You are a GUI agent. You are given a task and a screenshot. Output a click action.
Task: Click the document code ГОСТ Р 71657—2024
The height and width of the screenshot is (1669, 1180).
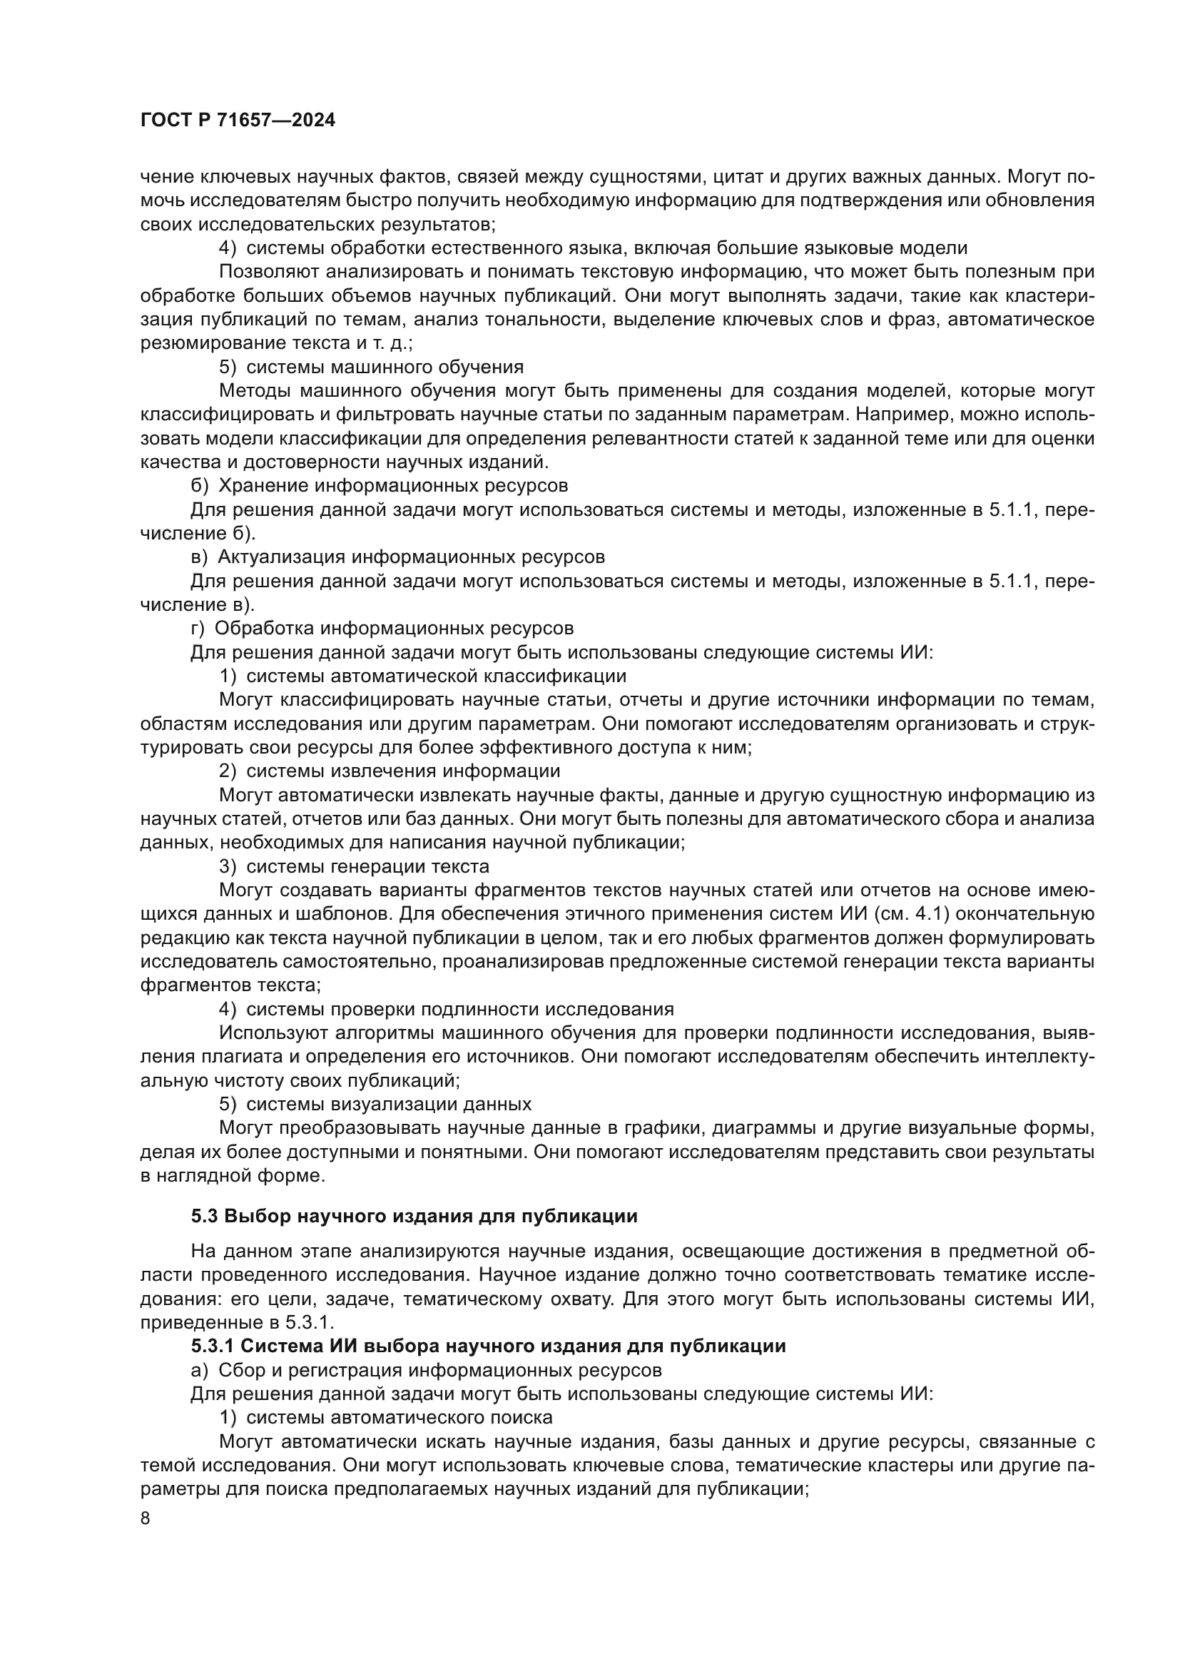click(x=238, y=121)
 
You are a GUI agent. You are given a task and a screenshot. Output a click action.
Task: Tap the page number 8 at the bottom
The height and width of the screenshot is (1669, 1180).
click(x=146, y=1518)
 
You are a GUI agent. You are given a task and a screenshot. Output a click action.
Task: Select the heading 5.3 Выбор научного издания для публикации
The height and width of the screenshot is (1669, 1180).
click(x=414, y=1237)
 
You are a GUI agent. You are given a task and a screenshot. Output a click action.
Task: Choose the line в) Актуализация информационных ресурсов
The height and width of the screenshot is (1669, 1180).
click(x=397, y=557)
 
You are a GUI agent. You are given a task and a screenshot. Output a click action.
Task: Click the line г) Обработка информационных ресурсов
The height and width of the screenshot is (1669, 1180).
click(x=382, y=628)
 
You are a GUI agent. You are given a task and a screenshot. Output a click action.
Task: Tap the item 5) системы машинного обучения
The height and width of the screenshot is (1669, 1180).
click(x=371, y=367)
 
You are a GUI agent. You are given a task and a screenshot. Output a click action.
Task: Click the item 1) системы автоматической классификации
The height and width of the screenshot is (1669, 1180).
click(x=423, y=676)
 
